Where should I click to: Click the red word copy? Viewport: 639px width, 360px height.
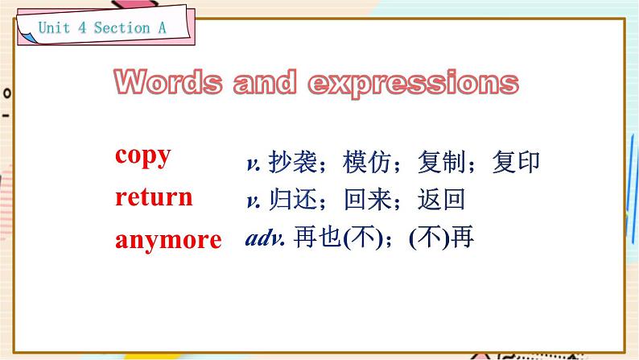[142, 156]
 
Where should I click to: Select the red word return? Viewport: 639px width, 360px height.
[154, 197]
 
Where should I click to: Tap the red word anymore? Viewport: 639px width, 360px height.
[168, 240]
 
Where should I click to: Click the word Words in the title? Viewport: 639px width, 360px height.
[168, 82]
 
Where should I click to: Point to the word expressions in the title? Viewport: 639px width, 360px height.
[413, 83]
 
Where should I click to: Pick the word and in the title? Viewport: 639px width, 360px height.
[265, 82]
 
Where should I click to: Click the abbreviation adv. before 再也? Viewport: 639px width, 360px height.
[265, 238]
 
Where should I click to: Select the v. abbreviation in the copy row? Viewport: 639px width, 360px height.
[254, 163]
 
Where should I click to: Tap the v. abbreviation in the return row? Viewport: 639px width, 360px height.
[254, 201]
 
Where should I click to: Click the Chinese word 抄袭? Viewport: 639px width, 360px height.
[293, 162]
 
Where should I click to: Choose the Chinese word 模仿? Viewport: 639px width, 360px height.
[367, 162]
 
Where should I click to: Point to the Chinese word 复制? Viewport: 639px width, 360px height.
[442, 162]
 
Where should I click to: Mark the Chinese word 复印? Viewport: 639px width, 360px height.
[517, 162]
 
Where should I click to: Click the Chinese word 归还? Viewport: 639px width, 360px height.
[293, 200]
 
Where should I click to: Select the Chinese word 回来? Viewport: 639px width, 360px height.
[368, 200]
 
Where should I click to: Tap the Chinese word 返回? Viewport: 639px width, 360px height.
[442, 200]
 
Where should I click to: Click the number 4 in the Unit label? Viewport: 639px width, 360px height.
[82, 27]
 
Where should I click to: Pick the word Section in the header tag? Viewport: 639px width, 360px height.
[122, 27]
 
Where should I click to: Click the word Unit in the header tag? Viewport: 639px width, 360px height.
[54, 27]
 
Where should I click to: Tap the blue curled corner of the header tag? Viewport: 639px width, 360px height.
[27, 37]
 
